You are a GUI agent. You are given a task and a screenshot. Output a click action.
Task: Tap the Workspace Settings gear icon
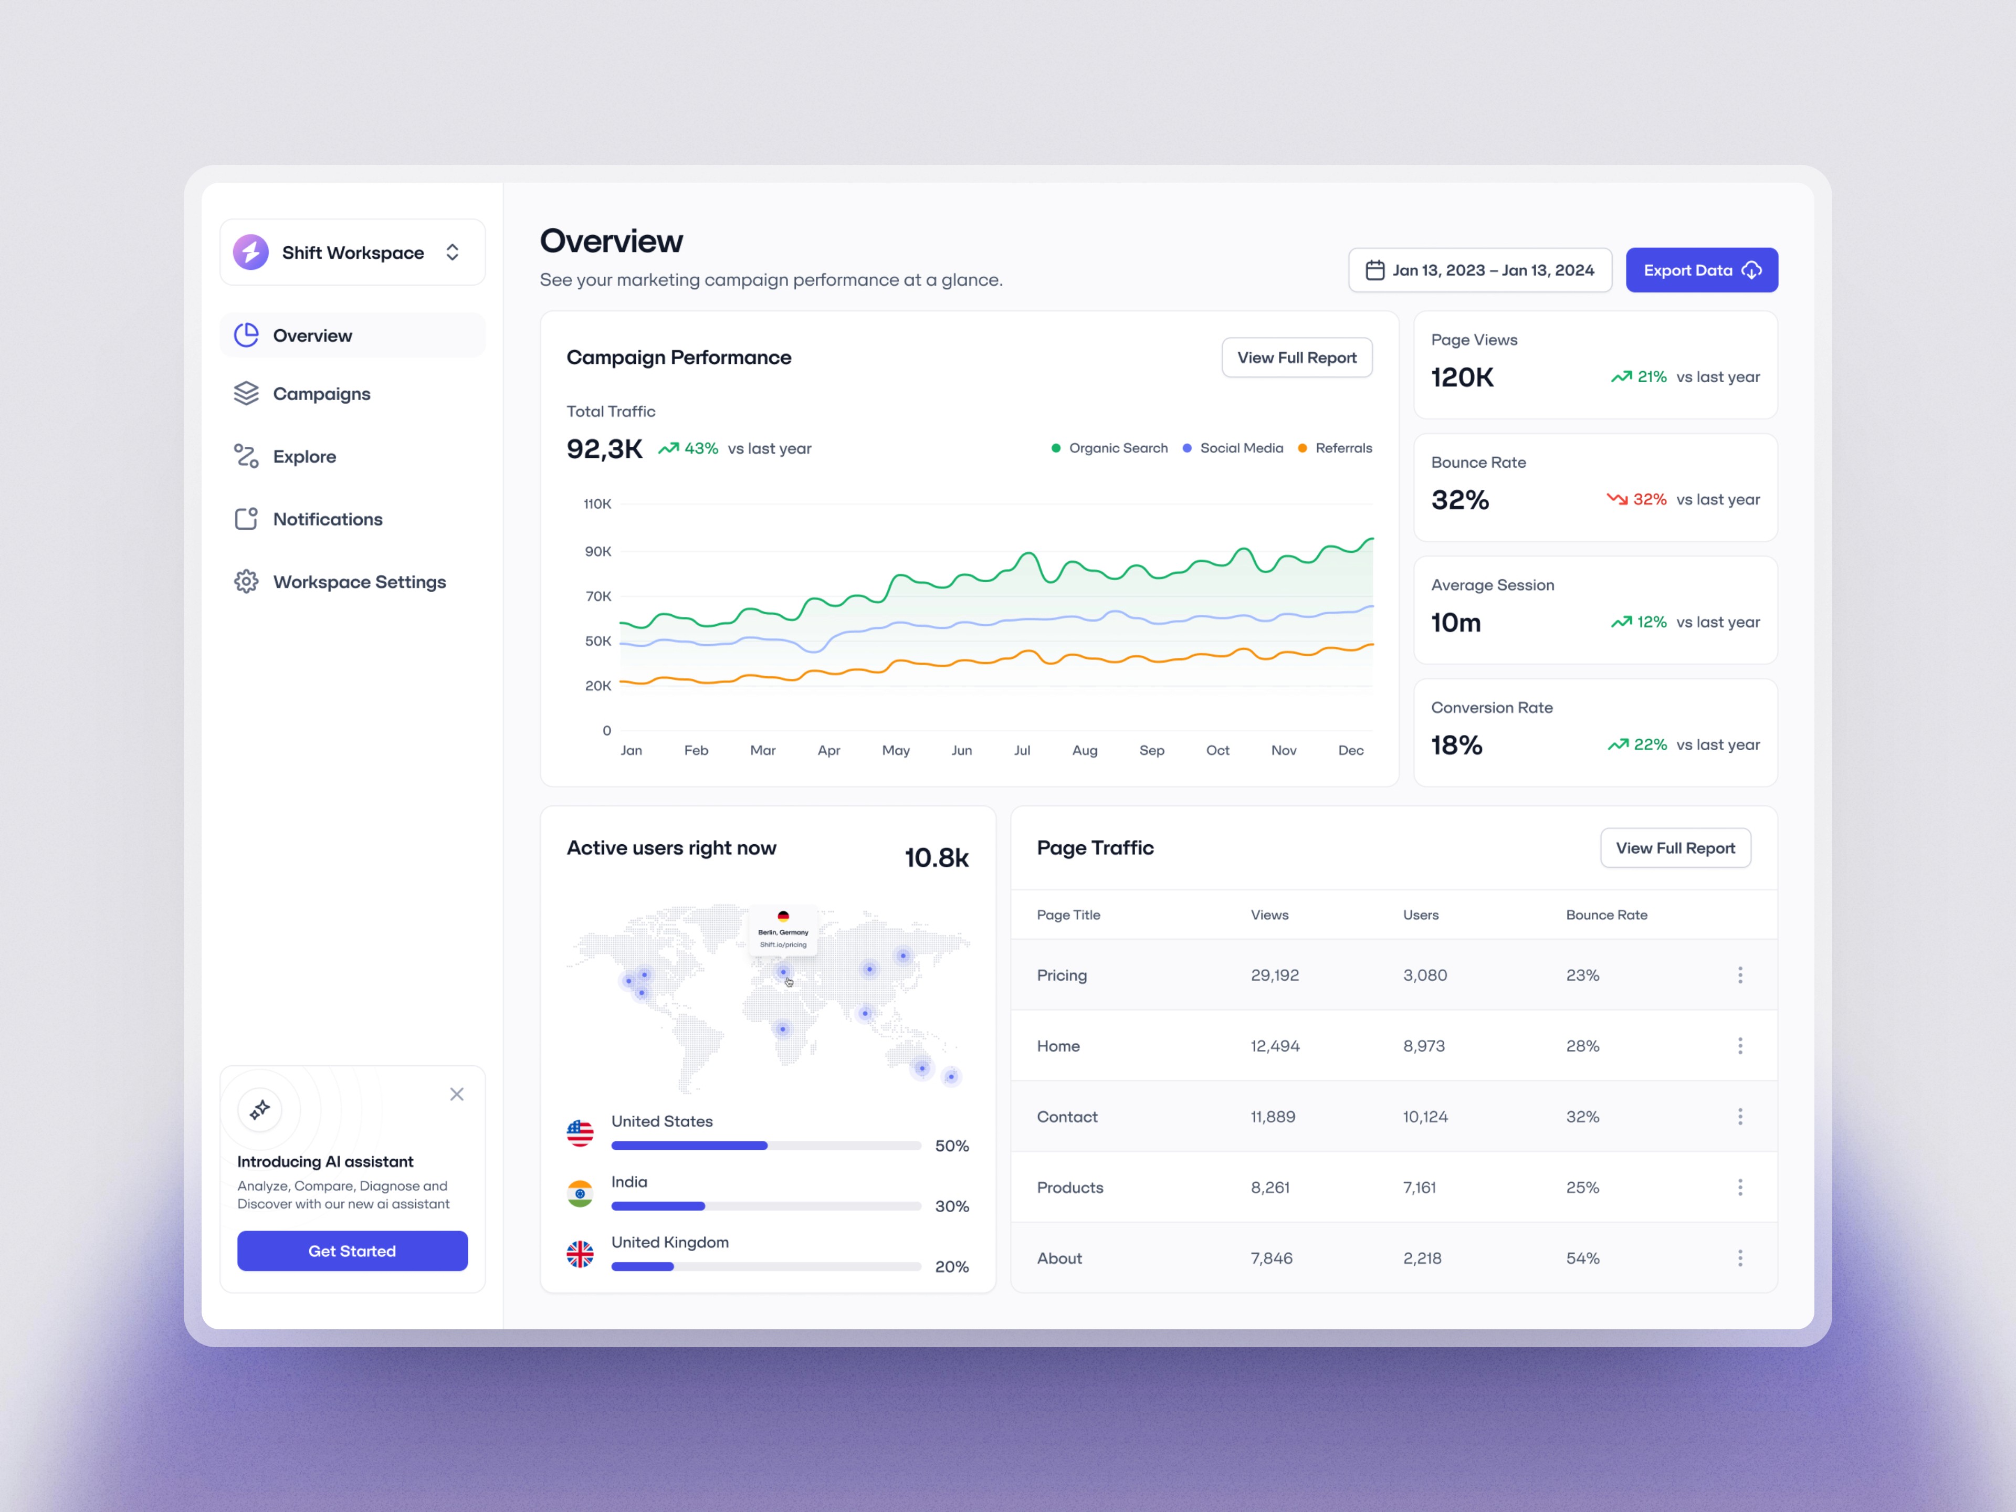[246, 582]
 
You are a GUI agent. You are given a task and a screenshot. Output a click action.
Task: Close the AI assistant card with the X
[457, 1094]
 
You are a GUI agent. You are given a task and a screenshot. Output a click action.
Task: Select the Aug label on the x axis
[1085, 750]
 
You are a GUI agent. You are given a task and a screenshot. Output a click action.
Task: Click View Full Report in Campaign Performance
[1297, 358]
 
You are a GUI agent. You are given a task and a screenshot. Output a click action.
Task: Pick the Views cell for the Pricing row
[1274, 975]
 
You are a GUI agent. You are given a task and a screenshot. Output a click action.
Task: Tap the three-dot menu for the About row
[1740, 1258]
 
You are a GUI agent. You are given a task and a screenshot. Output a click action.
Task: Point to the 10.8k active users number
[936, 858]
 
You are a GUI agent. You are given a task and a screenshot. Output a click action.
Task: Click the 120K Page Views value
[1462, 377]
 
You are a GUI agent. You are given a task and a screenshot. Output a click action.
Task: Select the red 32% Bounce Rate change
[1636, 499]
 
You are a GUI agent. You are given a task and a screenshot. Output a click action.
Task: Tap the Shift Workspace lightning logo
[250, 253]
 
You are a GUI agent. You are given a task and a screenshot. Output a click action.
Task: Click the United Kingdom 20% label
[951, 1267]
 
